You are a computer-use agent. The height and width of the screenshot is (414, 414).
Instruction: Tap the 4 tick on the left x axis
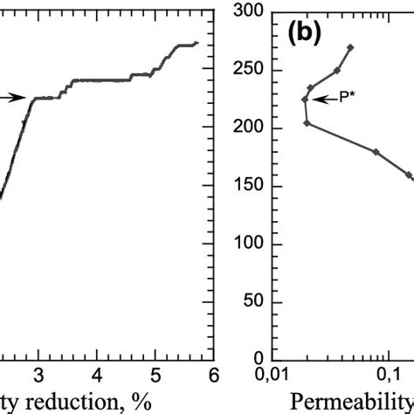97,375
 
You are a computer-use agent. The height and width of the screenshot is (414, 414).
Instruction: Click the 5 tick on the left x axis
155,375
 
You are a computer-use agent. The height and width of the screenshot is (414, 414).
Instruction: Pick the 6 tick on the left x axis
212,375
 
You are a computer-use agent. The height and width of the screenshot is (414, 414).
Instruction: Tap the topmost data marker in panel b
350,47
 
